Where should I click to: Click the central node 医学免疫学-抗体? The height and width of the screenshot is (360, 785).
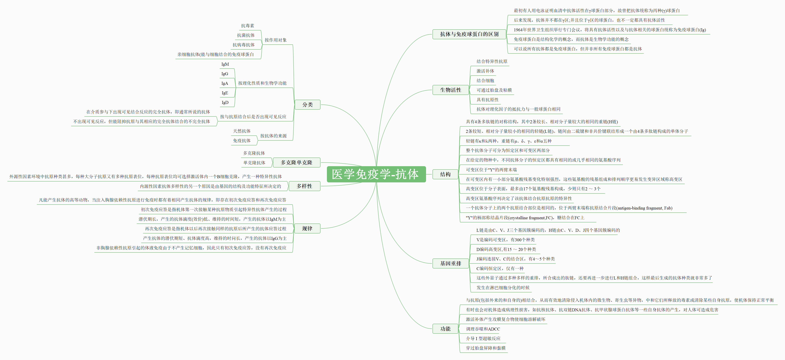[x=376, y=174]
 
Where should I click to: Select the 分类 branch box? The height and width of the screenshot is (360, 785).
[x=308, y=104]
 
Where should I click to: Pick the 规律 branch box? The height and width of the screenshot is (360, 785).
[x=307, y=228]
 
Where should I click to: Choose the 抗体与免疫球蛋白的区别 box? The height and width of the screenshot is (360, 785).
[x=469, y=34]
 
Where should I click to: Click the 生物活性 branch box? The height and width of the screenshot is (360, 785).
[x=451, y=90]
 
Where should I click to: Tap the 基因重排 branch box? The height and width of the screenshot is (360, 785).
[x=451, y=263]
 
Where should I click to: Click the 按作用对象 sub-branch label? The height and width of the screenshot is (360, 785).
[x=275, y=40]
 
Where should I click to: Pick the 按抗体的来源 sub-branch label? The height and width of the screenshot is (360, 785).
[x=273, y=136]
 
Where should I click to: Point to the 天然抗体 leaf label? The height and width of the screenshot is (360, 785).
[x=242, y=131]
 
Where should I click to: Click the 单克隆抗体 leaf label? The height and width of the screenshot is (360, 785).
[x=254, y=163]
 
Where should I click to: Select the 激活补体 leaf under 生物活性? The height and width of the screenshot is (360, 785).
[x=485, y=71]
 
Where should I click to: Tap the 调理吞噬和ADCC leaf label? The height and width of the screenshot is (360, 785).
[x=483, y=329]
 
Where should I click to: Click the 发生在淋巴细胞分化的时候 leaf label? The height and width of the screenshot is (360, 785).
[x=503, y=288]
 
